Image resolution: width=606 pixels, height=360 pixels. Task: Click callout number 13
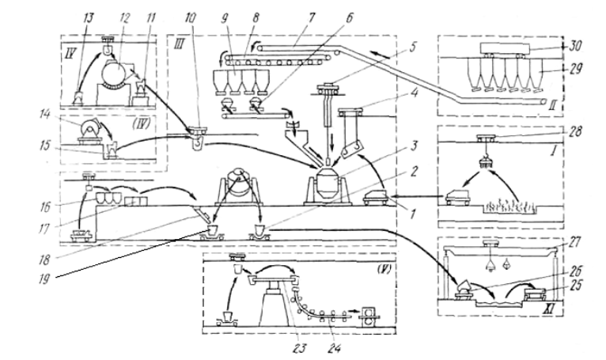[x=89, y=17]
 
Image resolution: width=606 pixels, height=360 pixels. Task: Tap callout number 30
[x=576, y=46]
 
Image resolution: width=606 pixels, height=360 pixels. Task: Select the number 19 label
[x=45, y=279]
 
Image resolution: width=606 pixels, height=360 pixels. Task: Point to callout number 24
[x=335, y=348]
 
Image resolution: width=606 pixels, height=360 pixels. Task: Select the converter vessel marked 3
[x=328, y=185]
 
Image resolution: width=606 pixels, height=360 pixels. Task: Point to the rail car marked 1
[x=376, y=196]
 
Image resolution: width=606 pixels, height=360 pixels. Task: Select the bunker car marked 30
[x=505, y=48]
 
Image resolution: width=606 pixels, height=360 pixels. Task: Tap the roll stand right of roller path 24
[x=369, y=313]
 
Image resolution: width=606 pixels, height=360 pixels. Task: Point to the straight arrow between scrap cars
[x=417, y=196]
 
